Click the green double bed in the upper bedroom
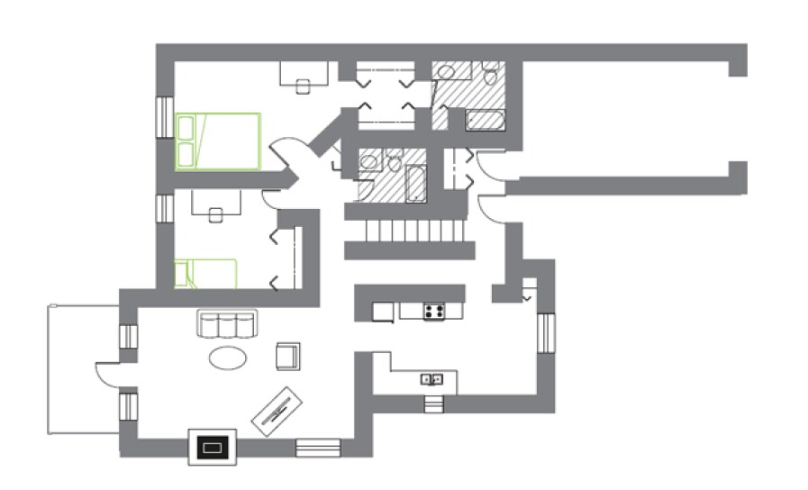pyautogui.click(x=218, y=141)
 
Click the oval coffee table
pyautogui.click(x=229, y=358)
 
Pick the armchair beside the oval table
pyautogui.click(x=288, y=356)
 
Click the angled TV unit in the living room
pyautogui.click(x=276, y=411)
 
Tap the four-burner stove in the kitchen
pyautogui.click(x=434, y=313)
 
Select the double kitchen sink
pyautogui.click(x=432, y=379)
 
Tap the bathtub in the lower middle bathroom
pyautogui.click(x=416, y=183)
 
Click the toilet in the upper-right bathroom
pyautogui.click(x=491, y=75)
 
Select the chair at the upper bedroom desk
pyautogui.click(x=304, y=87)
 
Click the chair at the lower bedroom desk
pyautogui.click(x=215, y=215)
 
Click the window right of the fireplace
pyautogui.click(x=318, y=447)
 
